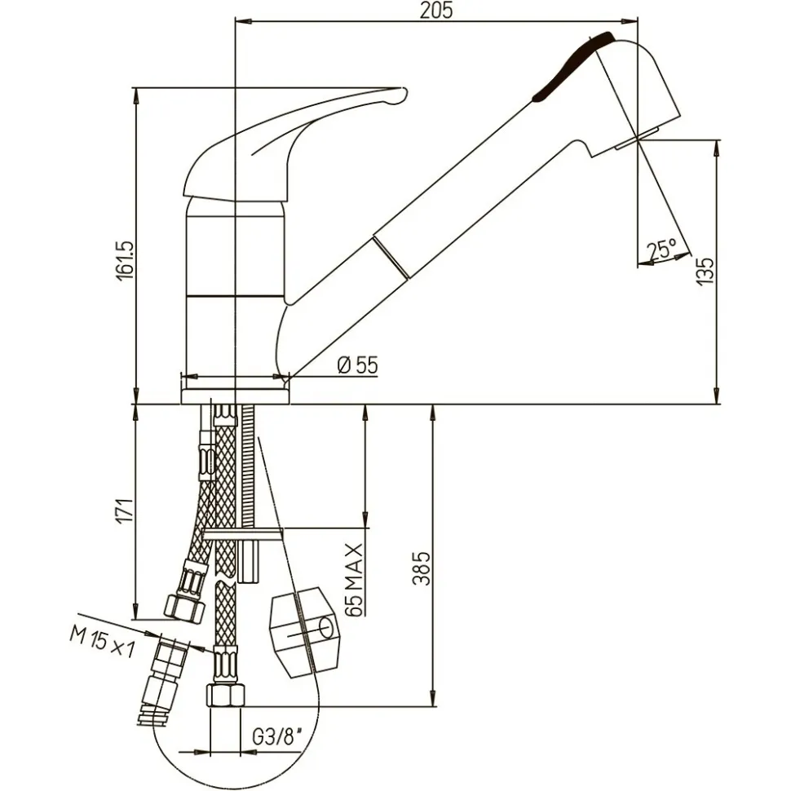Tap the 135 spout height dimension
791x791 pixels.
(706, 268)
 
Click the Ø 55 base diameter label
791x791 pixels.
(357, 365)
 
